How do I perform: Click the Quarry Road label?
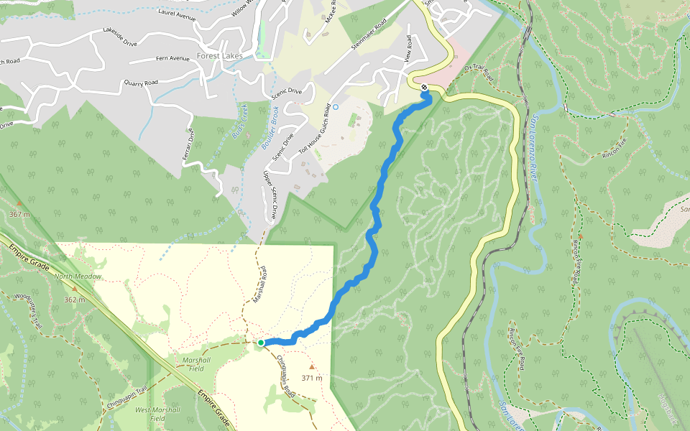(140, 83)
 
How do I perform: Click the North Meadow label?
(78, 277)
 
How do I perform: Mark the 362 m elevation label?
(75, 300)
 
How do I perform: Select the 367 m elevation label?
(20, 214)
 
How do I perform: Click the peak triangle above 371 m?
(311, 366)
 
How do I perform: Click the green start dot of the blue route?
(260, 343)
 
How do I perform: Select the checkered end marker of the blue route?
(425, 88)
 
